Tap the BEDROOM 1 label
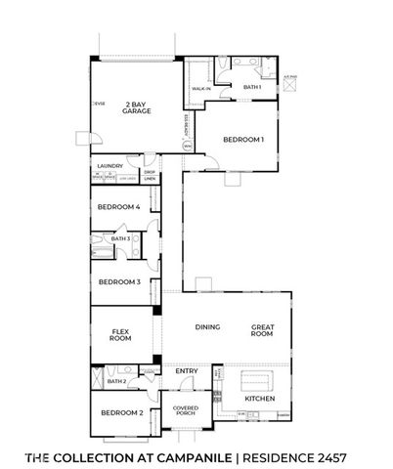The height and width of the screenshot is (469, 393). tap(242, 140)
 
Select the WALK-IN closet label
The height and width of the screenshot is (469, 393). tap(201, 89)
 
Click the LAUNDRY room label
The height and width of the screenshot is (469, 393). tap(109, 166)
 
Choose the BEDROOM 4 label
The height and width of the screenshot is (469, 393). tap(118, 207)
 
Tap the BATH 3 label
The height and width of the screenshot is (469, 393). tap(120, 238)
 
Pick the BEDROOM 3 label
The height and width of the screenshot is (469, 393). tap(118, 282)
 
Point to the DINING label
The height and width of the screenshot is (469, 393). tap(207, 326)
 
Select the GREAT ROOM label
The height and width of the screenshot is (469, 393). tap(262, 330)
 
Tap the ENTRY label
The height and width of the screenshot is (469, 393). tap(186, 371)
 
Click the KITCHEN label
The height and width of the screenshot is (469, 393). tap(260, 399)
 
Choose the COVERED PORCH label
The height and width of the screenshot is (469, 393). tap(186, 410)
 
